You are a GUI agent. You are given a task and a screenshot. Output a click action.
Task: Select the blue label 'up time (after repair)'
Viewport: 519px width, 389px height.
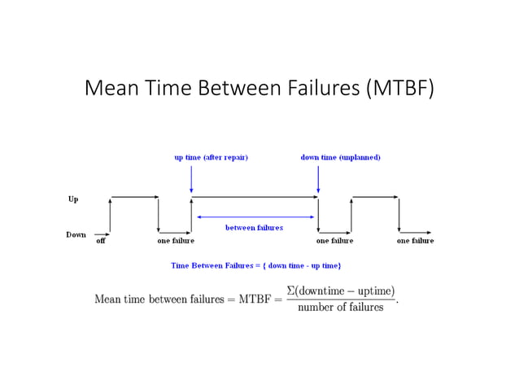point(211,157)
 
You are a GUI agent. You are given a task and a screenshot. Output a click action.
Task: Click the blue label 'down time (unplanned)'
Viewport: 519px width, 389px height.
point(340,157)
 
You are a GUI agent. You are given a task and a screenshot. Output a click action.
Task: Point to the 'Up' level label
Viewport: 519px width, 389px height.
point(72,198)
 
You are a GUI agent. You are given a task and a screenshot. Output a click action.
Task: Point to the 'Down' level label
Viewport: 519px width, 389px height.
point(76,234)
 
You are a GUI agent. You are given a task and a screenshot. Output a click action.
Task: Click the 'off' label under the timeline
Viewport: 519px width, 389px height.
point(101,241)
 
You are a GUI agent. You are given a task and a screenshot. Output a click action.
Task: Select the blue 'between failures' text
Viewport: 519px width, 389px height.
point(254,228)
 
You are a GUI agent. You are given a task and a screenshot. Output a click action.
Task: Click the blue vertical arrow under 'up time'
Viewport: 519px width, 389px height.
point(191,179)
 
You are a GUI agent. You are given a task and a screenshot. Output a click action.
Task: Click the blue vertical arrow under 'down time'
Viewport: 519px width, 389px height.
point(318,179)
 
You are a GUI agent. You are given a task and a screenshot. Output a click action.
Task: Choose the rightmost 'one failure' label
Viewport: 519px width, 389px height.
point(415,241)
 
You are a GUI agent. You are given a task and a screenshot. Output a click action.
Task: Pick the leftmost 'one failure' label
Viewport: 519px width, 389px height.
point(176,241)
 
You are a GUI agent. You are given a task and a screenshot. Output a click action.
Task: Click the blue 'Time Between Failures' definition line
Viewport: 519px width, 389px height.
point(255,265)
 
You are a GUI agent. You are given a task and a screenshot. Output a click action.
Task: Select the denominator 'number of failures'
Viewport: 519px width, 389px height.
point(340,307)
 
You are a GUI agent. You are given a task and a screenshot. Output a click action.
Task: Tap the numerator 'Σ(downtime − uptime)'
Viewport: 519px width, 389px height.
point(340,291)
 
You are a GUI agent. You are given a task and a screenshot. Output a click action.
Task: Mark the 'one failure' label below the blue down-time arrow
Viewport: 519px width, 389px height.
point(334,241)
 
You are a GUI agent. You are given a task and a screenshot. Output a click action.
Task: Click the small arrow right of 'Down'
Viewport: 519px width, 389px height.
point(101,234)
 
